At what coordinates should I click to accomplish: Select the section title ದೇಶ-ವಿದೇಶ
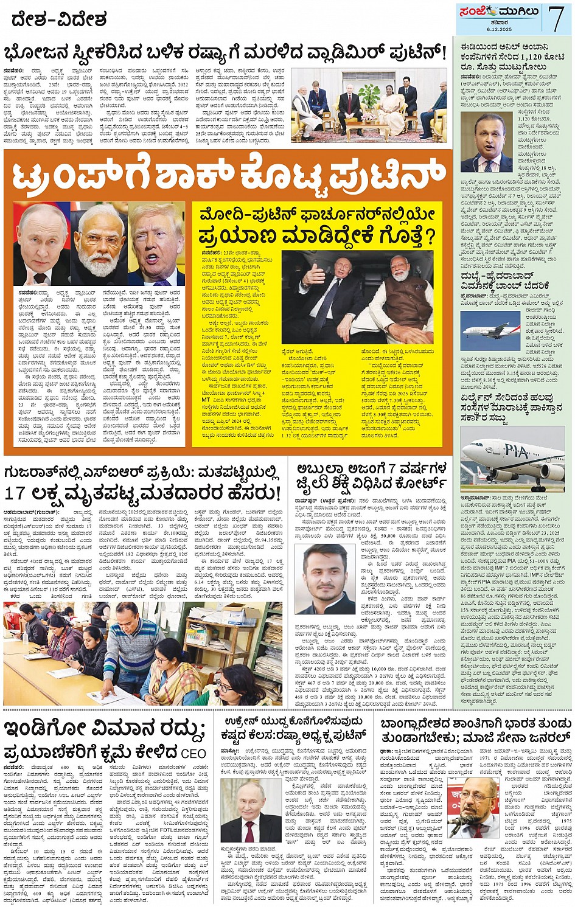tap(58, 20)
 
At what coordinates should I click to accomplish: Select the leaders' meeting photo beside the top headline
tap(369, 105)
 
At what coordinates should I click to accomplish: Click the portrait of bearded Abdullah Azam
tap(328, 579)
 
